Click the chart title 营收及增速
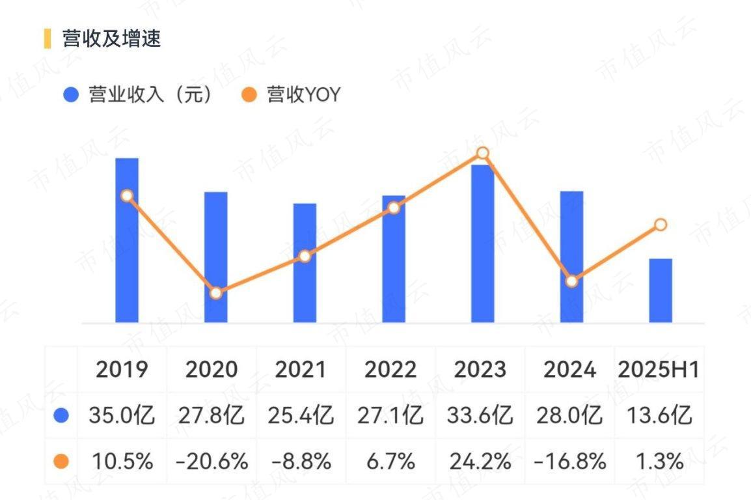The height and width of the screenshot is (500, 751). click(111, 38)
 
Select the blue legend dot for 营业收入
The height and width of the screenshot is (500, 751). click(70, 95)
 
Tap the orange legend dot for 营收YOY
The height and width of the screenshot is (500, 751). click(248, 95)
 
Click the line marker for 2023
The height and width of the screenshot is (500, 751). click(482, 154)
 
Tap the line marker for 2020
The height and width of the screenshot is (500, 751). click(216, 293)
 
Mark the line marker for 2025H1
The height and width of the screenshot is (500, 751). click(661, 225)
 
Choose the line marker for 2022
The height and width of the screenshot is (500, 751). click(394, 208)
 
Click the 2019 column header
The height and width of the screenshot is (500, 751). click(122, 370)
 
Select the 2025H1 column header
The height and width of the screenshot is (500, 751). click(659, 370)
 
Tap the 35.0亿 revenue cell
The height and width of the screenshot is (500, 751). click(122, 415)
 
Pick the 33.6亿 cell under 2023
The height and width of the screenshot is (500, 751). click(480, 415)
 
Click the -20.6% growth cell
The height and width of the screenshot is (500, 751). click(212, 462)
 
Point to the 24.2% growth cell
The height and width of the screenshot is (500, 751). click(480, 462)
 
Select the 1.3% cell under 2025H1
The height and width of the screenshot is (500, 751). click(659, 462)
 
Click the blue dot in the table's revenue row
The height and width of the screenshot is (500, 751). click(61, 415)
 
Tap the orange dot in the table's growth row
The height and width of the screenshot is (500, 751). click(61, 462)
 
